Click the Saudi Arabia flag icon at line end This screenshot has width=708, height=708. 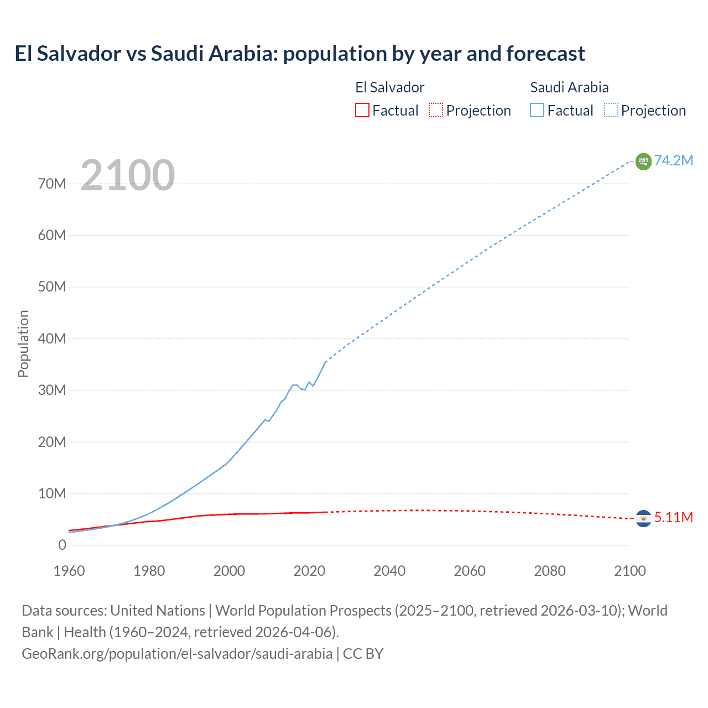pyautogui.click(x=643, y=161)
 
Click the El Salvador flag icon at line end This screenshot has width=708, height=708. pyautogui.click(x=643, y=518)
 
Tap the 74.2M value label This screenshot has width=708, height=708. pyautogui.click(x=673, y=160)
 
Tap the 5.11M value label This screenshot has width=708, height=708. pyautogui.click(x=673, y=517)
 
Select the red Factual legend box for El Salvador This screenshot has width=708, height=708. pyautogui.click(x=362, y=111)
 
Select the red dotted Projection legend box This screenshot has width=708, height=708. pyautogui.click(x=436, y=111)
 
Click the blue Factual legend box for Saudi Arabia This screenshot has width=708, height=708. pyautogui.click(x=537, y=111)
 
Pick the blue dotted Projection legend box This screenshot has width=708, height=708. pyautogui.click(x=611, y=111)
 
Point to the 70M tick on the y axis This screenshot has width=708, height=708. pyautogui.click(x=52, y=184)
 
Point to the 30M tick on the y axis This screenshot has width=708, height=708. pyautogui.click(x=52, y=390)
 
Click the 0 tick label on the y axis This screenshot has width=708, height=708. pyautogui.click(x=62, y=545)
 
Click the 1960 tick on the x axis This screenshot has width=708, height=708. pyautogui.click(x=69, y=571)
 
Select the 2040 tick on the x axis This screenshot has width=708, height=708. pyautogui.click(x=389, y=571)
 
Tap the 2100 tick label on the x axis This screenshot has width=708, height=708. pyautogui.click(x=630, y=571)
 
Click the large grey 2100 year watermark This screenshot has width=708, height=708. pyautogui.click(x=128, y=175)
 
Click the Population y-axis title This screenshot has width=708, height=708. pyautogui.click(x=23, y=343)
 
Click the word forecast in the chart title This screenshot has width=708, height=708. pyautogui.click(x=545, y=54)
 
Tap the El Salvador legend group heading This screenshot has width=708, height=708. pyautogui.click(x=389, y=87)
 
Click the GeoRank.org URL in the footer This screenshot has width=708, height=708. pyautogui.click(x=177, y=653)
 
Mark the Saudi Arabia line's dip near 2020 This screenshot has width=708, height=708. pyautogui.click(x=304, y=389)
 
